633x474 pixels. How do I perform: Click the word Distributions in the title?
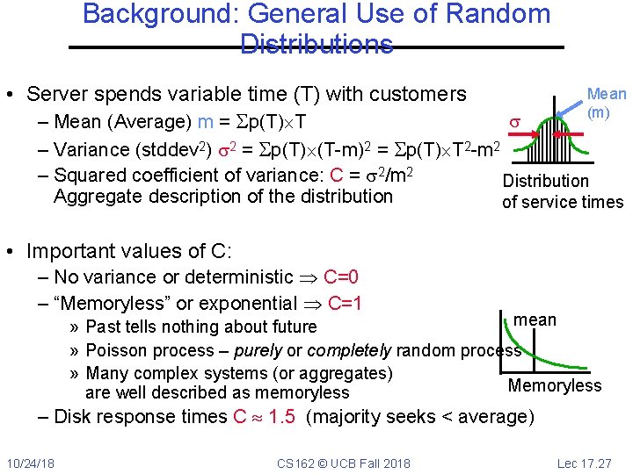pos(316,44)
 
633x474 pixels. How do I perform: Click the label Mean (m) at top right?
pos(607,103)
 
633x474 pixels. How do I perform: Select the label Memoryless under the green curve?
pos(555,385)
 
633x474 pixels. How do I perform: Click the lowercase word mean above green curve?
pos(535,320)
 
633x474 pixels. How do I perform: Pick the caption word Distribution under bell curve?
pos(545,181)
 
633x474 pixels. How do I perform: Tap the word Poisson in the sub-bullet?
pos(115,350)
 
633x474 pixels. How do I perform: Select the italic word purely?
pos(258,350)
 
